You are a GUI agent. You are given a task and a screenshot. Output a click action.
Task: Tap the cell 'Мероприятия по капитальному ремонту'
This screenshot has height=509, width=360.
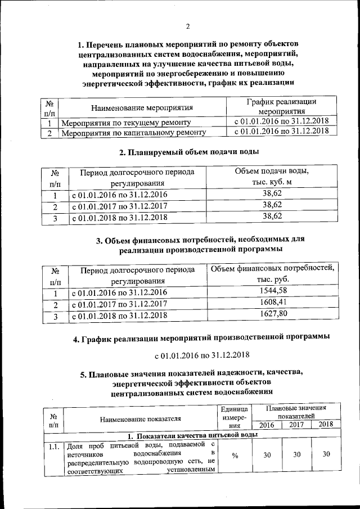133,133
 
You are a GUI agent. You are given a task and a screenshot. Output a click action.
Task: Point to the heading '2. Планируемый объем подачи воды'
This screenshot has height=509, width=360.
188,152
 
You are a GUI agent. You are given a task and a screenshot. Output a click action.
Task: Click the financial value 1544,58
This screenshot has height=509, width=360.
274,291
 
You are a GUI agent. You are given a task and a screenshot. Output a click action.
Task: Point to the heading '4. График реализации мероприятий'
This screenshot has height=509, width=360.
201,338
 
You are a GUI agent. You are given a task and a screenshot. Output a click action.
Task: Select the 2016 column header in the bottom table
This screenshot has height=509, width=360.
267,425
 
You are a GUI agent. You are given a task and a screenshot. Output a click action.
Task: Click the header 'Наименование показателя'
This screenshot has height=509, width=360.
141,420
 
